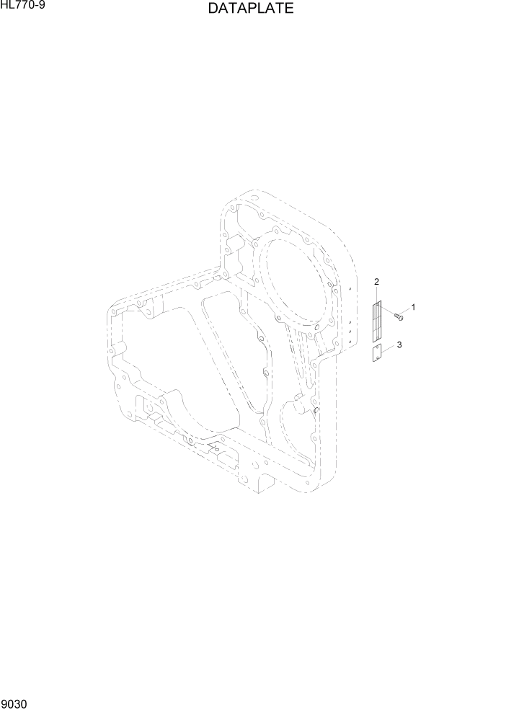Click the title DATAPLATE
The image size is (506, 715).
click(250, 9)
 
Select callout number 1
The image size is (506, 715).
click(413, 307)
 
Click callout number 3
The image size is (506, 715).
click(399, 345)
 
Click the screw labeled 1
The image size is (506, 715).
click(398, 316)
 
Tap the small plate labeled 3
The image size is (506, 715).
click(378, 353)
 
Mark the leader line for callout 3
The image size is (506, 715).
click(389, 349)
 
